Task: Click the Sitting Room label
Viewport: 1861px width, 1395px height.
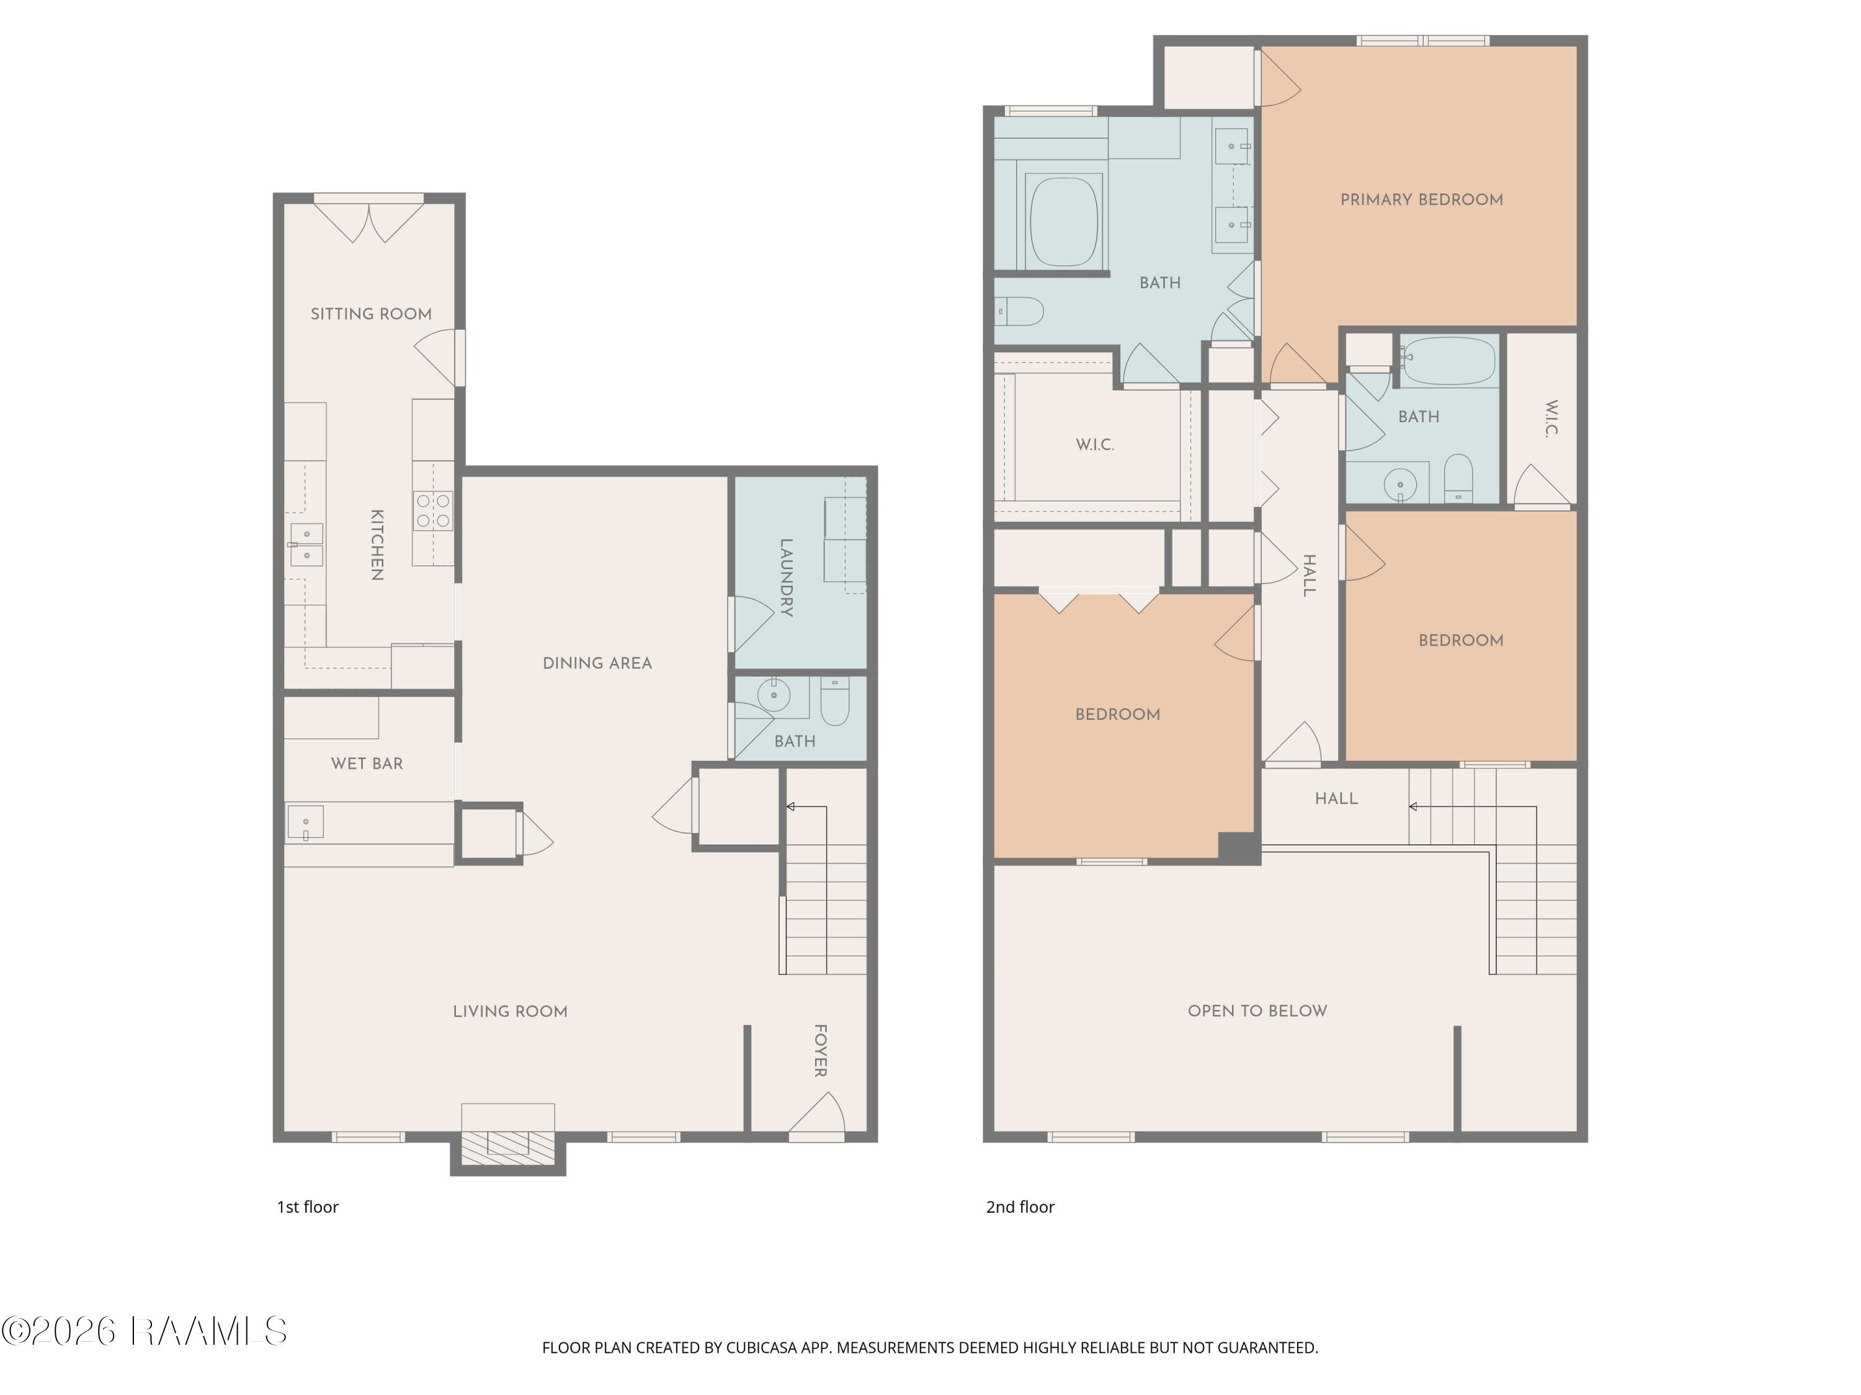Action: pos(371,314)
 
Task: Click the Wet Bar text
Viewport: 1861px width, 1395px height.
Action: pos(367,763)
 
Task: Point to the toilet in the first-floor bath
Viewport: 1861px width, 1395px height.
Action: pos(836,701)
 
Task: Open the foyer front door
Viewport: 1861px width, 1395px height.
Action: pos(817,1117)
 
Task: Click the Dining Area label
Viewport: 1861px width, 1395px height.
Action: pos(597,663)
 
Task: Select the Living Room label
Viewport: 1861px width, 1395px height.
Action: pos(510,1012)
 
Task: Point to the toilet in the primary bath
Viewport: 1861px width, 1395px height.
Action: pos(1019,312)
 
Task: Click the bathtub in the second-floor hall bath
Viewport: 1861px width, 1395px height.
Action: pos(1448,361)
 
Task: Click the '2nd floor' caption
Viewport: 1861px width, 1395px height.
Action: pos(1020,1208)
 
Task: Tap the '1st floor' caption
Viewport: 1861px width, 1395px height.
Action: pos(308,1208)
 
